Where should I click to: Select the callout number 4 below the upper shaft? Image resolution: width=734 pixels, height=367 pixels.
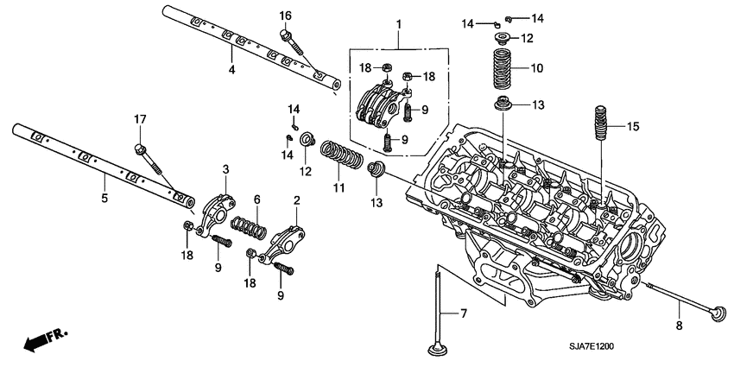[x=231, y=69]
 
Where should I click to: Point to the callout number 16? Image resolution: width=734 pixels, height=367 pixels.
[x=285, y=16]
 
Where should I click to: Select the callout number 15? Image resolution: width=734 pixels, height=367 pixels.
[x=633, y=127]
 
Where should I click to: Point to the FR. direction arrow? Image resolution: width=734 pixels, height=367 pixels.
[x=43, y=340]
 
